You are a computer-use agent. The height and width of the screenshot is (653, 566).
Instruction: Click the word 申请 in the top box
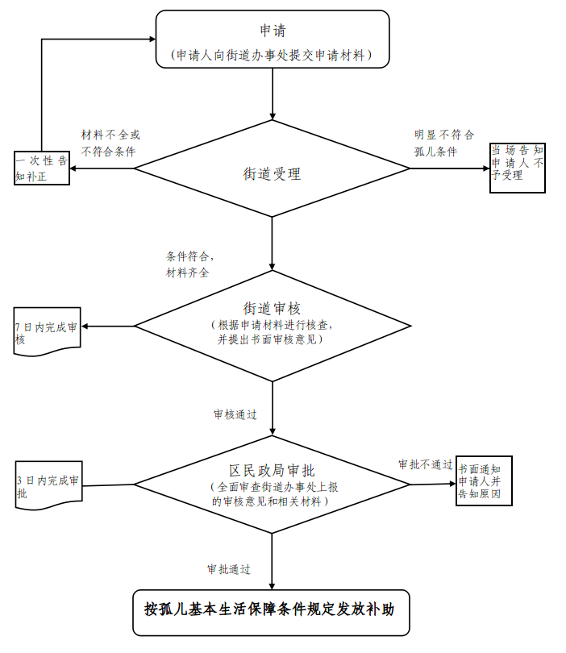272,31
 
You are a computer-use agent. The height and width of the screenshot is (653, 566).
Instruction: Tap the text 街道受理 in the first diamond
272,173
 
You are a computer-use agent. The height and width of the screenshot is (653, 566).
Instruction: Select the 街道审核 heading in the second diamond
272,308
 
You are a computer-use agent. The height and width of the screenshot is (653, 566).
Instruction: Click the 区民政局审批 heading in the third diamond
272,470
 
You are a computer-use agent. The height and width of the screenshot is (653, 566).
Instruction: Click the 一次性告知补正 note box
42,168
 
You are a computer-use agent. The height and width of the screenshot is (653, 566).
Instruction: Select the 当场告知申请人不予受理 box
518,167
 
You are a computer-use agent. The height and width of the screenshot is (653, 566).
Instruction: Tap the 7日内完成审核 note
47,332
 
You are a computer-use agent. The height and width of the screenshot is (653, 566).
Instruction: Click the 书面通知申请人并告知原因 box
484,480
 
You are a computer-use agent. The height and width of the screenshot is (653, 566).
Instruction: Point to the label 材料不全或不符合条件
110,143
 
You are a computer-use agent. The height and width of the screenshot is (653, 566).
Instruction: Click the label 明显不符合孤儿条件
443,143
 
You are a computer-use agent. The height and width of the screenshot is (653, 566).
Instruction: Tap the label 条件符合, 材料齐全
190,264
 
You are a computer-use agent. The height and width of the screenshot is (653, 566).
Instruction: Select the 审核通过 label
235,414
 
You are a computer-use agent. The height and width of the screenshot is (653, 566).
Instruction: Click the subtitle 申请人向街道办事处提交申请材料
272,55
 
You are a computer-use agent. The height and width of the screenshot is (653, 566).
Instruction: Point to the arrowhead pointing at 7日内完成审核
86,326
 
